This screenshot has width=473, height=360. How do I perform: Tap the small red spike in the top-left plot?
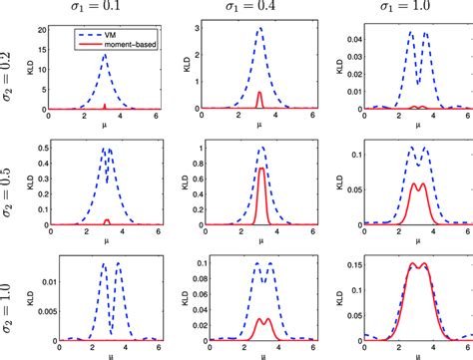(106, 104)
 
